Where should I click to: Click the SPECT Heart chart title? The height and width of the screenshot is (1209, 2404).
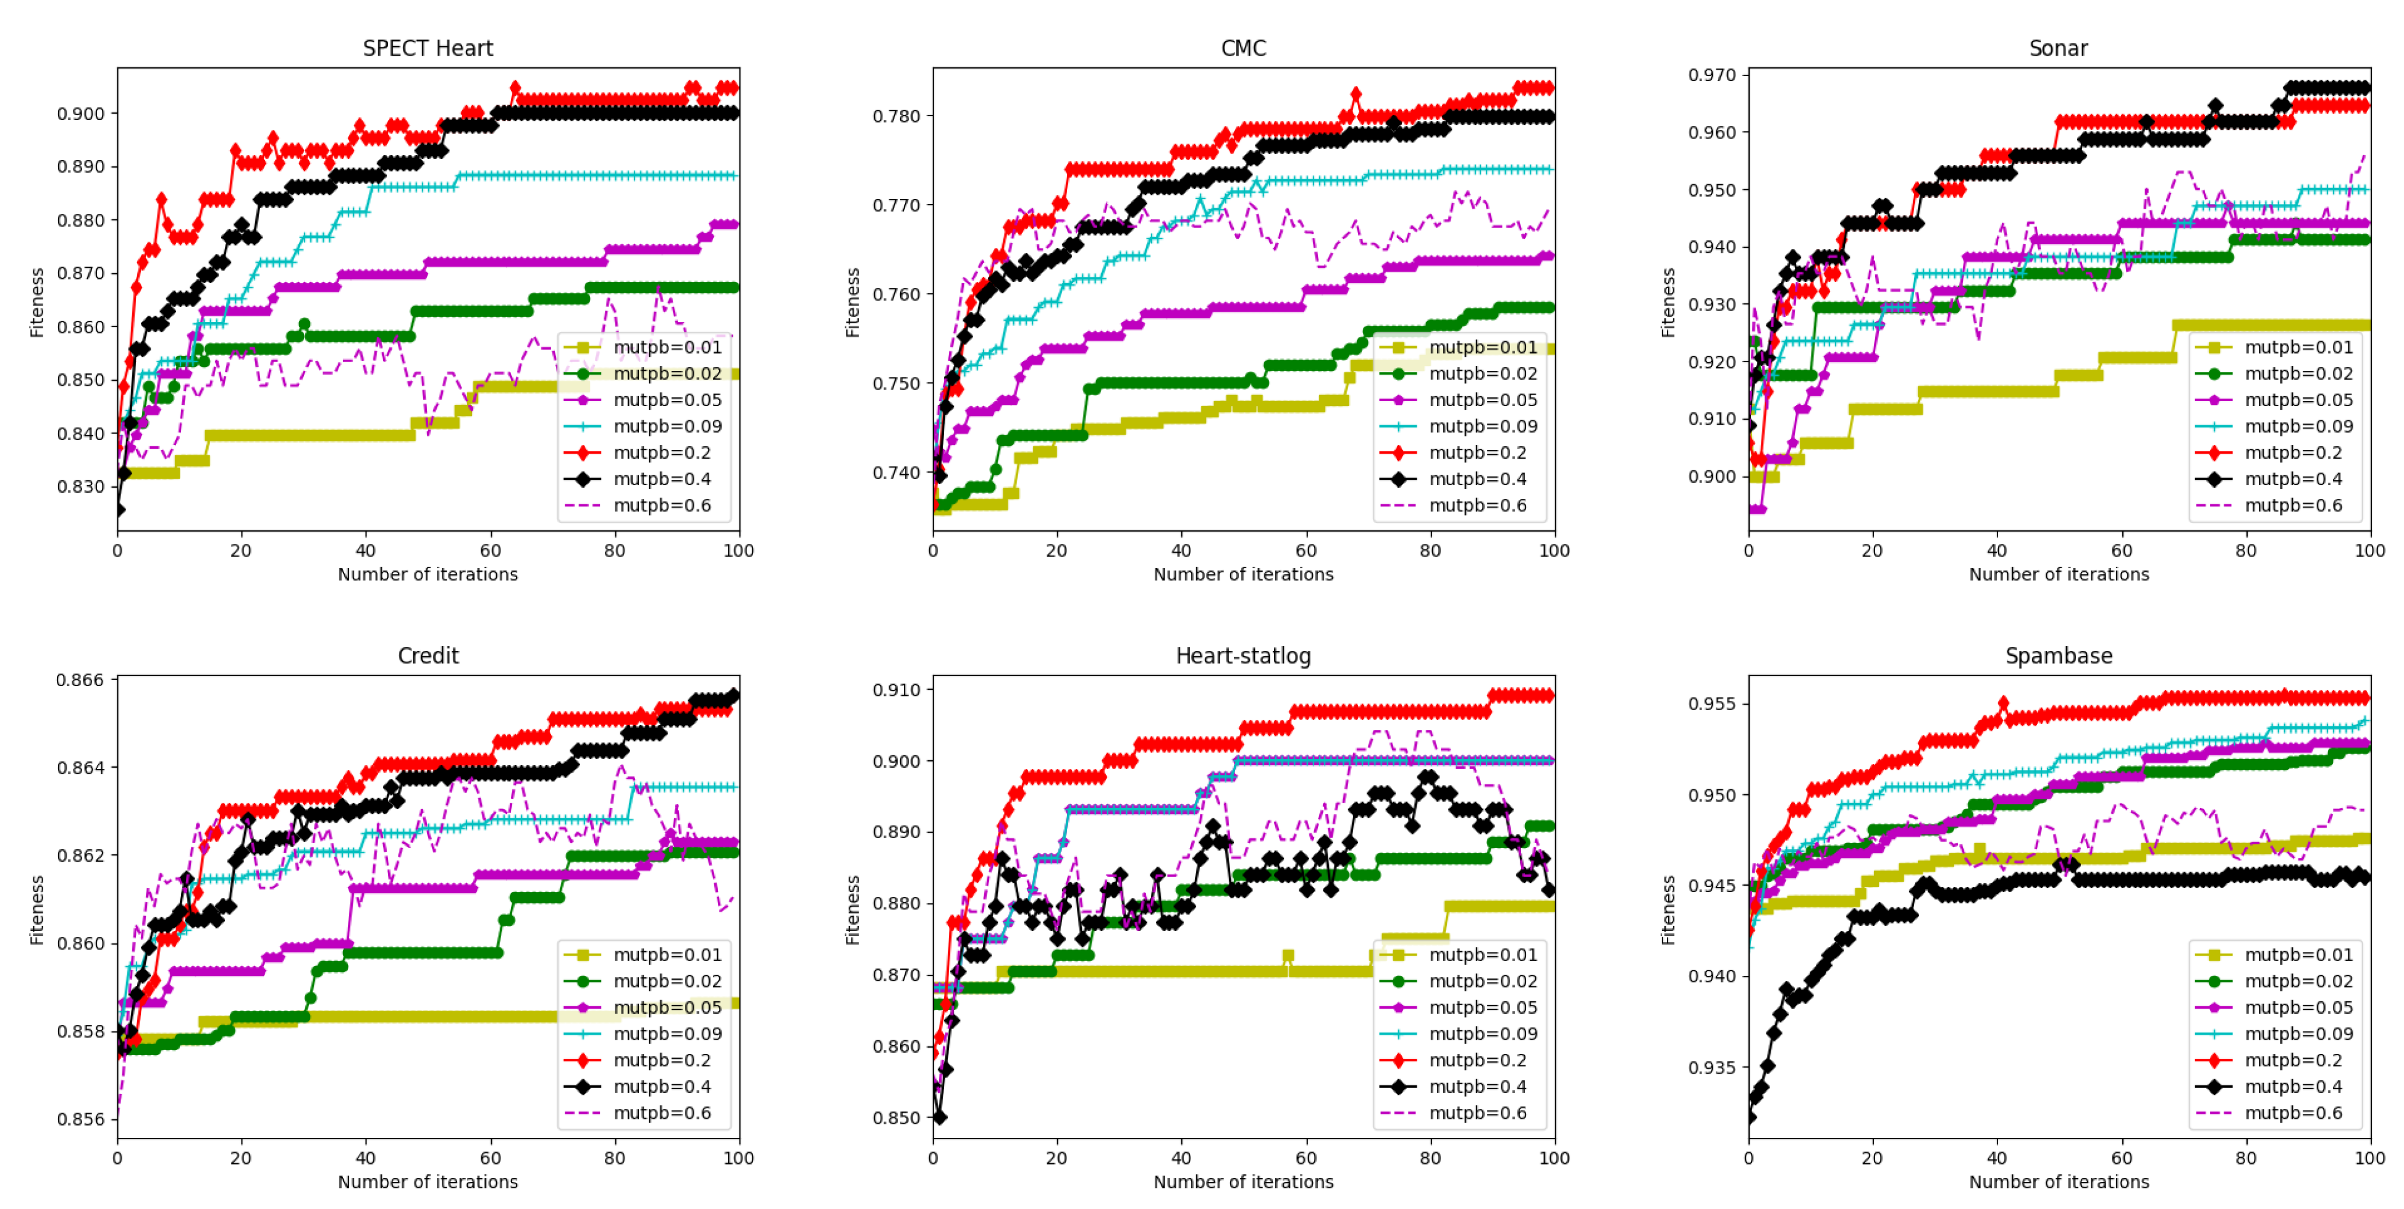click(x=428, y=49)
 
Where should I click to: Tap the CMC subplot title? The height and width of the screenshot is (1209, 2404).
click(x=1243, y=49)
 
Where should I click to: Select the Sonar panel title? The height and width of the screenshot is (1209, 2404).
click(x=2058, y=49)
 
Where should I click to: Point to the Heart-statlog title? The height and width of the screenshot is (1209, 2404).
click(x=1243, y=656)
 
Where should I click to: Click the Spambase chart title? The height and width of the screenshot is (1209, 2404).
click(x=2058, y=656)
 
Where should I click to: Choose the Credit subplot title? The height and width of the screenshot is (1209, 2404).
click(x=428, y=656)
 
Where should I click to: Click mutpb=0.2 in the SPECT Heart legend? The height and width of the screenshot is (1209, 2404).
click(x=662, y=453)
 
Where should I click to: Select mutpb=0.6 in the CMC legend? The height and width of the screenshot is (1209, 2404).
click(x=1477, y=505)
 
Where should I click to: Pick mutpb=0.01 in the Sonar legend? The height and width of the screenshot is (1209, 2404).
click(x=2293, y=347)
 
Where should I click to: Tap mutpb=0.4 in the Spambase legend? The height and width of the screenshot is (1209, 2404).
click(x=2293, y=1087)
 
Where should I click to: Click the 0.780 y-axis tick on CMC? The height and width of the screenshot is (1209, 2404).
click(x=897, y=117)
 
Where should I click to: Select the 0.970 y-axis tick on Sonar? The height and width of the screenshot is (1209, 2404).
click(x=1713, y=75)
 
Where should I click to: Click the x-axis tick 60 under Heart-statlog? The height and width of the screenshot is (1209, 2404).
click(x=1305, y=1158)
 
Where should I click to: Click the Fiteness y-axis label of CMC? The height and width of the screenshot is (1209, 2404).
click(x=852, y=302)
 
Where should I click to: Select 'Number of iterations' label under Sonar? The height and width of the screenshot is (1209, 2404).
click(x=2058, y=574)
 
